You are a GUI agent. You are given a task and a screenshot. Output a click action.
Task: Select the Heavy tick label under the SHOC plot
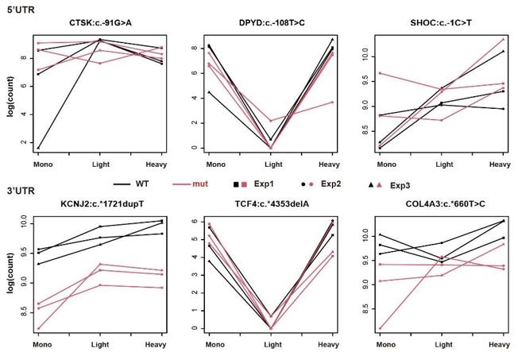click(499, 164)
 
